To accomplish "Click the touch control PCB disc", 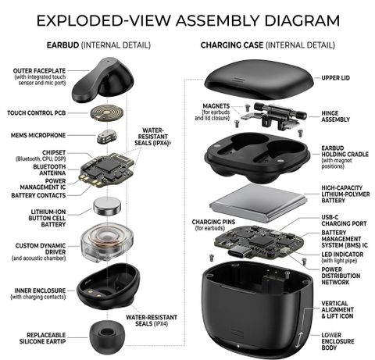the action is coord(107,113).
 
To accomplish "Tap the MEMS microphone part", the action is coord(107,136).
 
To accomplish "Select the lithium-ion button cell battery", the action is coord(107,206).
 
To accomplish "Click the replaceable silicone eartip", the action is coord(107,337).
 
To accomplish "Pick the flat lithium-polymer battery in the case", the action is coord(259,202).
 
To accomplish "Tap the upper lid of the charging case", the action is coord(259,79).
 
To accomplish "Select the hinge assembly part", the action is coord(273,116).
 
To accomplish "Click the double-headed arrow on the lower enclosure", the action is coord(299,340).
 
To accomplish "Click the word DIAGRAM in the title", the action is coord(302,20).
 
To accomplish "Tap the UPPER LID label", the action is coord(335,78).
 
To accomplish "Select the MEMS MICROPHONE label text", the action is coord(38,135).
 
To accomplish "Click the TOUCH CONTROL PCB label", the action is coord(36,113).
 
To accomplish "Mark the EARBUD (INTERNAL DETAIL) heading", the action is coord(98,45).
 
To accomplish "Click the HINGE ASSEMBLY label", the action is coord(335,116).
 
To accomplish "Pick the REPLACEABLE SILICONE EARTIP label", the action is coord(42,338).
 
